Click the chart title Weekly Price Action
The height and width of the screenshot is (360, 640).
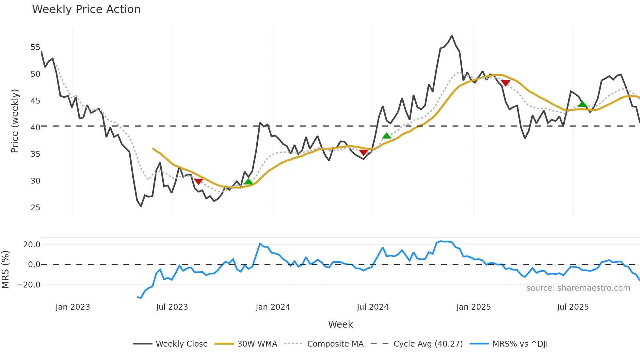86,9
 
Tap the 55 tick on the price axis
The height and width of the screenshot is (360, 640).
35,47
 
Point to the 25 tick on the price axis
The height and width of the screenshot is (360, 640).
35,208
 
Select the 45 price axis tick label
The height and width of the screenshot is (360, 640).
35,101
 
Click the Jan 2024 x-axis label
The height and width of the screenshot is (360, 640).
273,307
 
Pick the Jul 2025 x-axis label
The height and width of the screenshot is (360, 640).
573,307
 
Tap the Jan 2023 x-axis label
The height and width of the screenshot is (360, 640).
72,307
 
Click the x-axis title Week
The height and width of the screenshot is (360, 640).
340,324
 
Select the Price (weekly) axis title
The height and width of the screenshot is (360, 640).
15,121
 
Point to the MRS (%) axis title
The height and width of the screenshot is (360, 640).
6,270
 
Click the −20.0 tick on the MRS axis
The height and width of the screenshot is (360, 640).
29,285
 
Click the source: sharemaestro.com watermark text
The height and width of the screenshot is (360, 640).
578,288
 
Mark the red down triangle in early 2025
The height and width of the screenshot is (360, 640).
505,83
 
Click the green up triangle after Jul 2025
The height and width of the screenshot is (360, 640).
582,104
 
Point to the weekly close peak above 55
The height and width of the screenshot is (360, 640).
452,36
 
